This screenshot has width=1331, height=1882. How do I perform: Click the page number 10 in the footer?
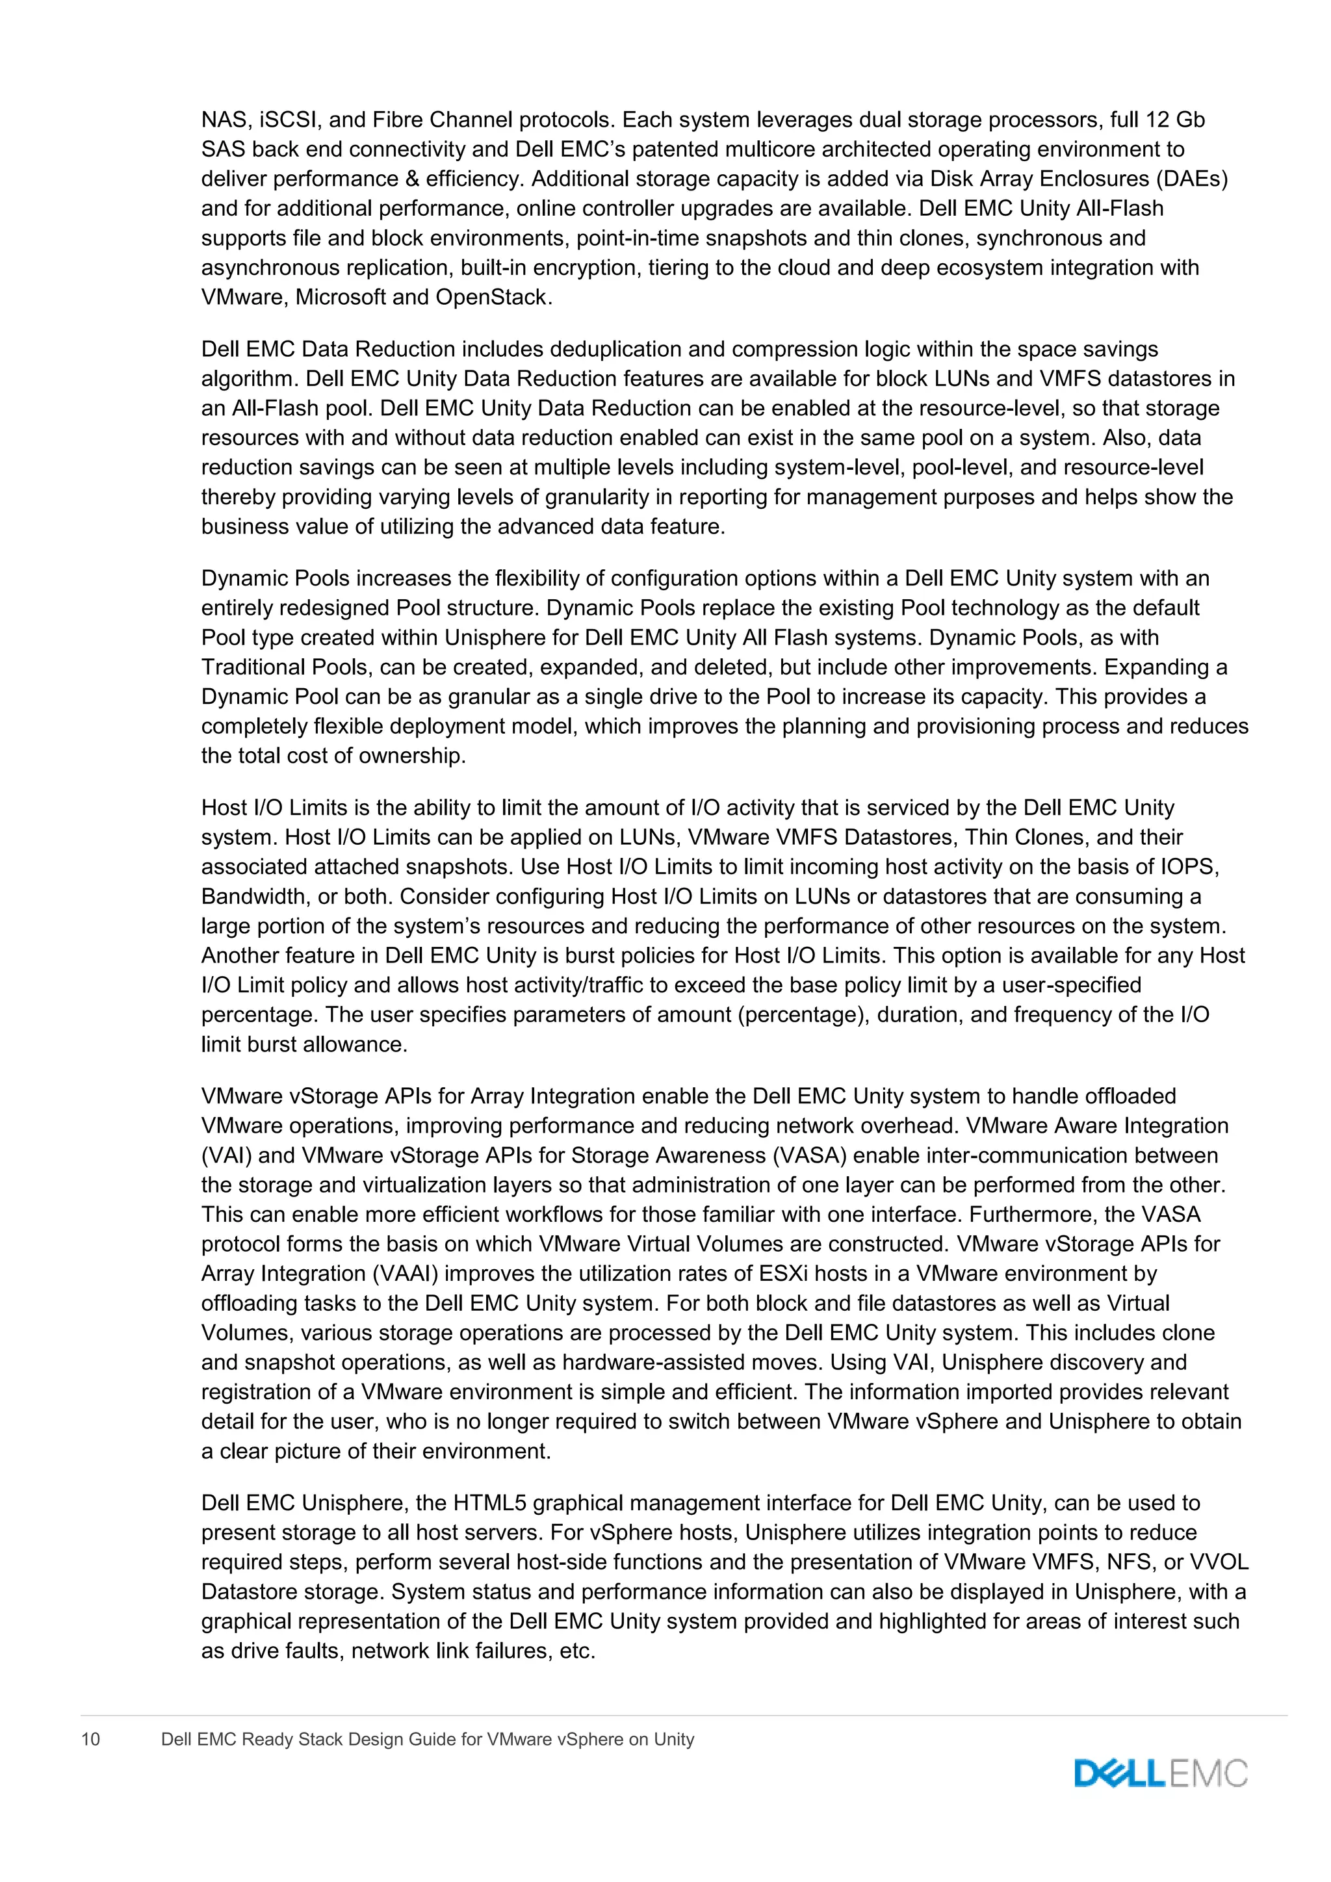[90, 1738]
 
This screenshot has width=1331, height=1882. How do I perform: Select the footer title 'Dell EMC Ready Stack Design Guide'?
[427, 1738]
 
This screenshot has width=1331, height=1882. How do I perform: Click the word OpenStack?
[490, 298]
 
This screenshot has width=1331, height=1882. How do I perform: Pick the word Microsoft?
[341, 298]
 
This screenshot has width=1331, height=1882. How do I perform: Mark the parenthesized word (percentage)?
[804, 1016]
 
